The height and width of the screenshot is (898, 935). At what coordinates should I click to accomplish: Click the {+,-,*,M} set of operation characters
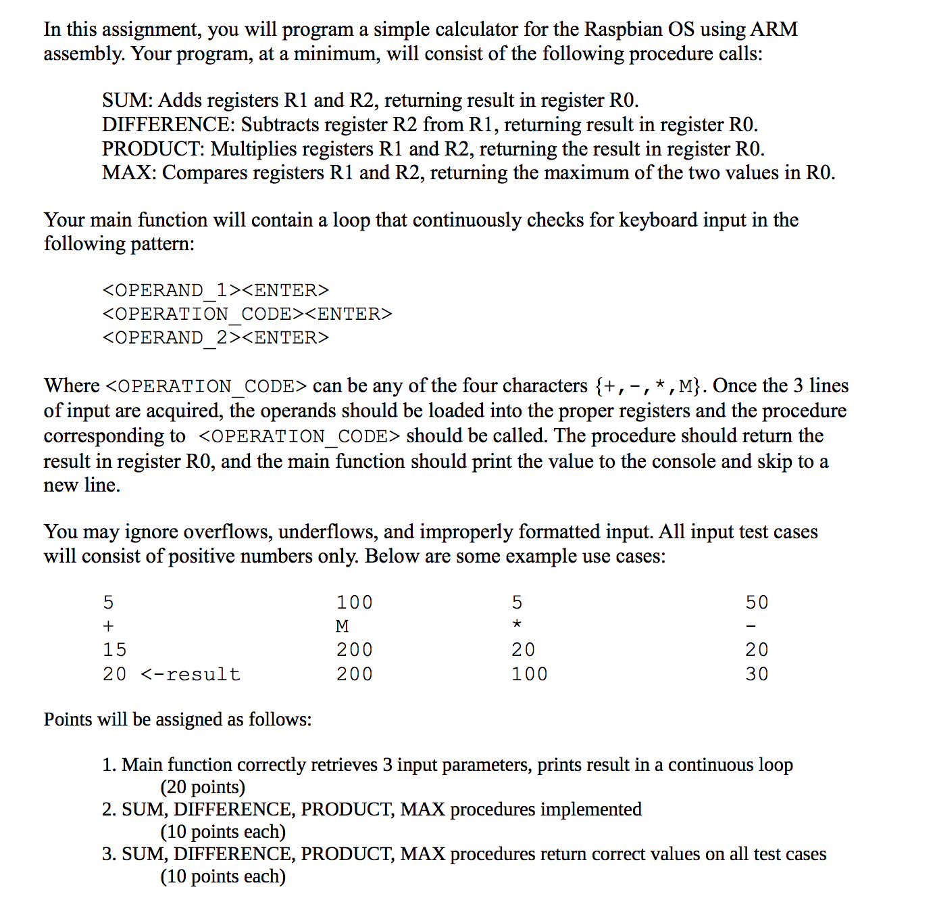pyautogui.click(x=649, y=386)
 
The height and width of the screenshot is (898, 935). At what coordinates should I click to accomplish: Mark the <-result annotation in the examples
pyautogui.click(x=191, y=674)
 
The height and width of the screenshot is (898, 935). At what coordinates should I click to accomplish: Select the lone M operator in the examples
pyautogui.click(x=343, y=626)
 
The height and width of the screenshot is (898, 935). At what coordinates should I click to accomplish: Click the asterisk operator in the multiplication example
pyautogui.click(x=517, y=625)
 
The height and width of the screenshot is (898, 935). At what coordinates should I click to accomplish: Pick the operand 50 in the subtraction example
pyautogui.click(x=757, y=602)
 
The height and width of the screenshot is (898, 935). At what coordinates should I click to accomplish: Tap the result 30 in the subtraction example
pyautogui.click(x=757, y=674)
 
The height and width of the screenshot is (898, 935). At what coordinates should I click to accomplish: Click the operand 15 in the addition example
pyautogui.click(x=114, y=650)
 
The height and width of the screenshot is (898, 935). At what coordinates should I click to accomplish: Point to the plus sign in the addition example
pyautogui.click(x=108, y=626)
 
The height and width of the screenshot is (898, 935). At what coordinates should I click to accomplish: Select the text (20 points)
pyautogui.click(x=203, y=787)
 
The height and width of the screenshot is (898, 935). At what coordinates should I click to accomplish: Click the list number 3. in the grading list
pyautogui.click(x=109, y=854)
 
